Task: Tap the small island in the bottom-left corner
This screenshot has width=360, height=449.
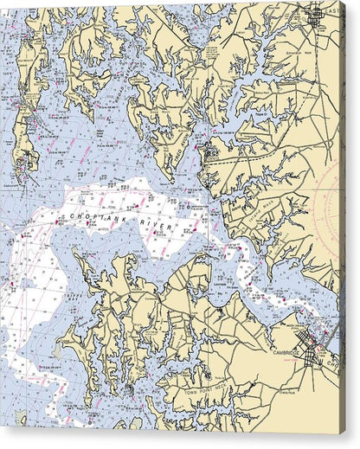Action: tap(19, 419)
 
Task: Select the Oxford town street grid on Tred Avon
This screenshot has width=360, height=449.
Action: tap(203, 156)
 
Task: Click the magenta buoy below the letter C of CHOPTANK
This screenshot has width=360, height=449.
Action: tap(60, 223)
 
